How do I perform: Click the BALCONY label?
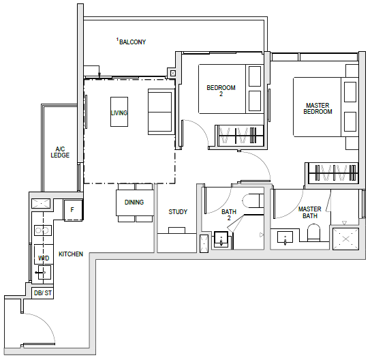click(x=132, y=42)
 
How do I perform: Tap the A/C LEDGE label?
click(x=60, y=152)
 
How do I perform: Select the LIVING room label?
click(x=119, y=112)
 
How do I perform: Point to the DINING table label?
click(x=134, y=202)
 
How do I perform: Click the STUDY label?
click(x=178, y=211)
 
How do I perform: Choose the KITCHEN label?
click(x=71, y=254)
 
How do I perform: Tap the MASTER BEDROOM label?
click(x=317, y=108)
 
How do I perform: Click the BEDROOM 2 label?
click(x=221, y=91)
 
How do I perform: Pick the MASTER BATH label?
click(x=310, y=212)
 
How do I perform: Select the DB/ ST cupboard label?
click(x=43, y=292)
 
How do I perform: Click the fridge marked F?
click(x=73, y=210)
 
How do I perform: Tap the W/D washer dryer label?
click(x=44, y=258)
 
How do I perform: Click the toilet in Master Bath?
click(x=313, y=232)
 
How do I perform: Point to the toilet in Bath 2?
click(x=253, y=201)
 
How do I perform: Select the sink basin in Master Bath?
click(x=285, y=237)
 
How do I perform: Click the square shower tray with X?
click(x=345, y=239)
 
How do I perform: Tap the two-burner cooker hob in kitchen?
click(x=43, y=230)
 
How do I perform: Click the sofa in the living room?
click(x=160, y=112)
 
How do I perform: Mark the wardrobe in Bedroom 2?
click(x=241, y=136)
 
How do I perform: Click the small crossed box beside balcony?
click(x=173, y=74)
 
